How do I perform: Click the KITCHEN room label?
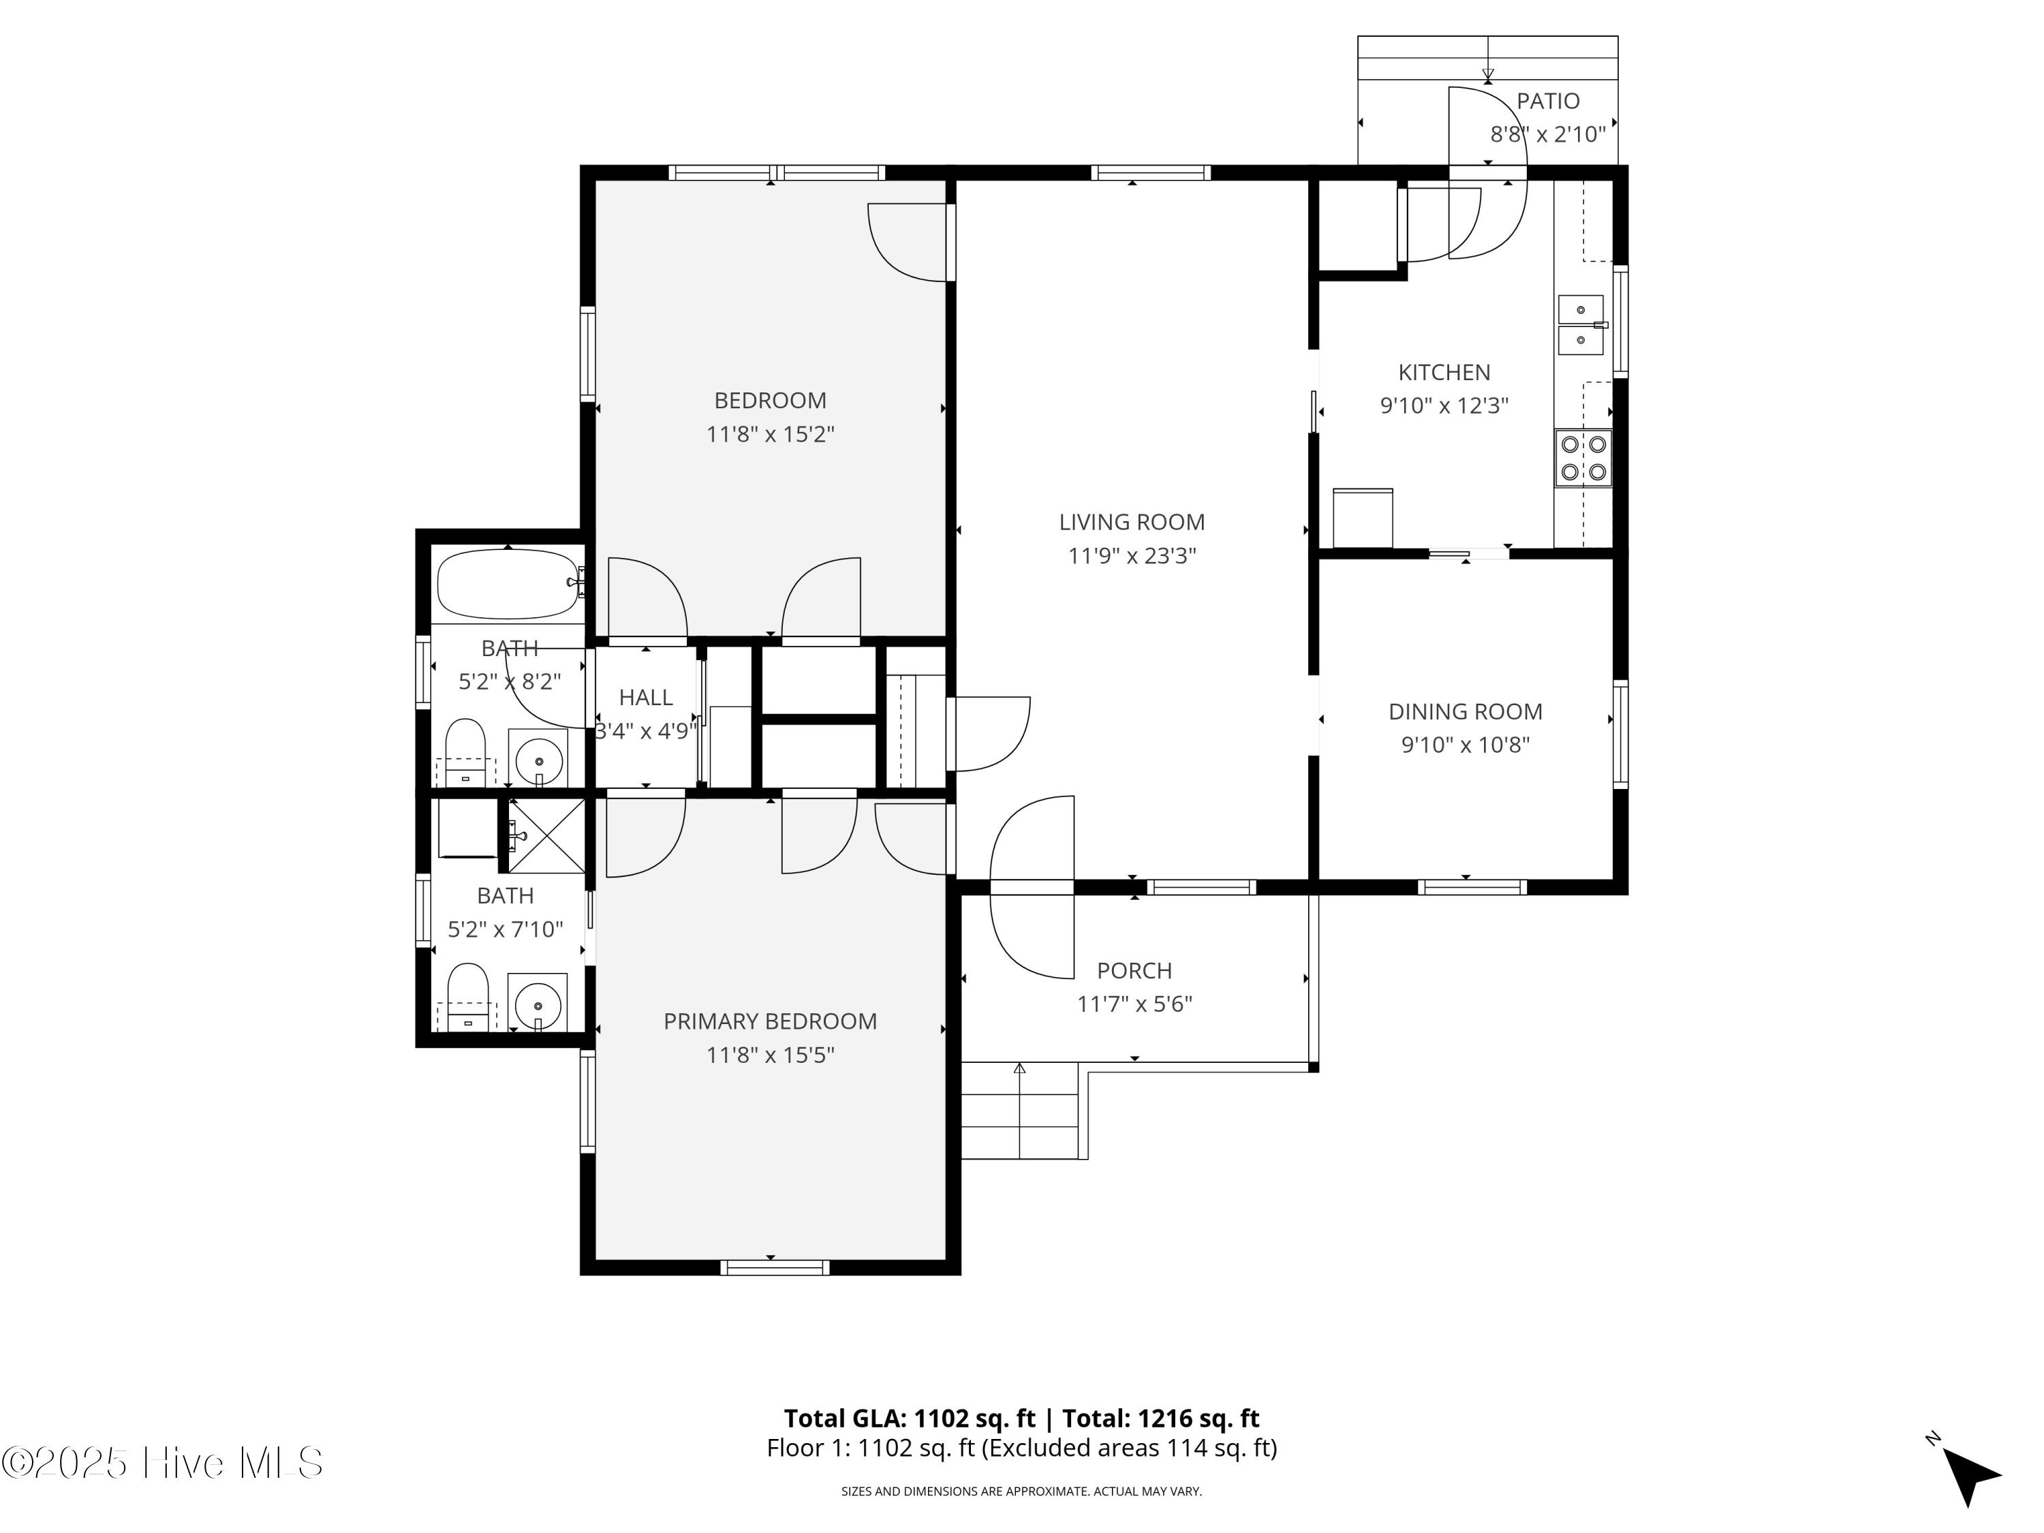1444,373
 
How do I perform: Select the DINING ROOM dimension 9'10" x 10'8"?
1466,745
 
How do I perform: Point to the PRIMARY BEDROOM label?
770,1021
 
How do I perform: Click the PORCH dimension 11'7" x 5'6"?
1134,1004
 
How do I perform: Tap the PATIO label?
1548,101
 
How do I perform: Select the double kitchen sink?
1582,325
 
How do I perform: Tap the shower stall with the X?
547,835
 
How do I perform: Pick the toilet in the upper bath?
466,752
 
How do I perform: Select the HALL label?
646,698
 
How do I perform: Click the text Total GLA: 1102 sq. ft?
910,1419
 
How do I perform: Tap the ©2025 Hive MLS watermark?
163,1463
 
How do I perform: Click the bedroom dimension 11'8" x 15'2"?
770,434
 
